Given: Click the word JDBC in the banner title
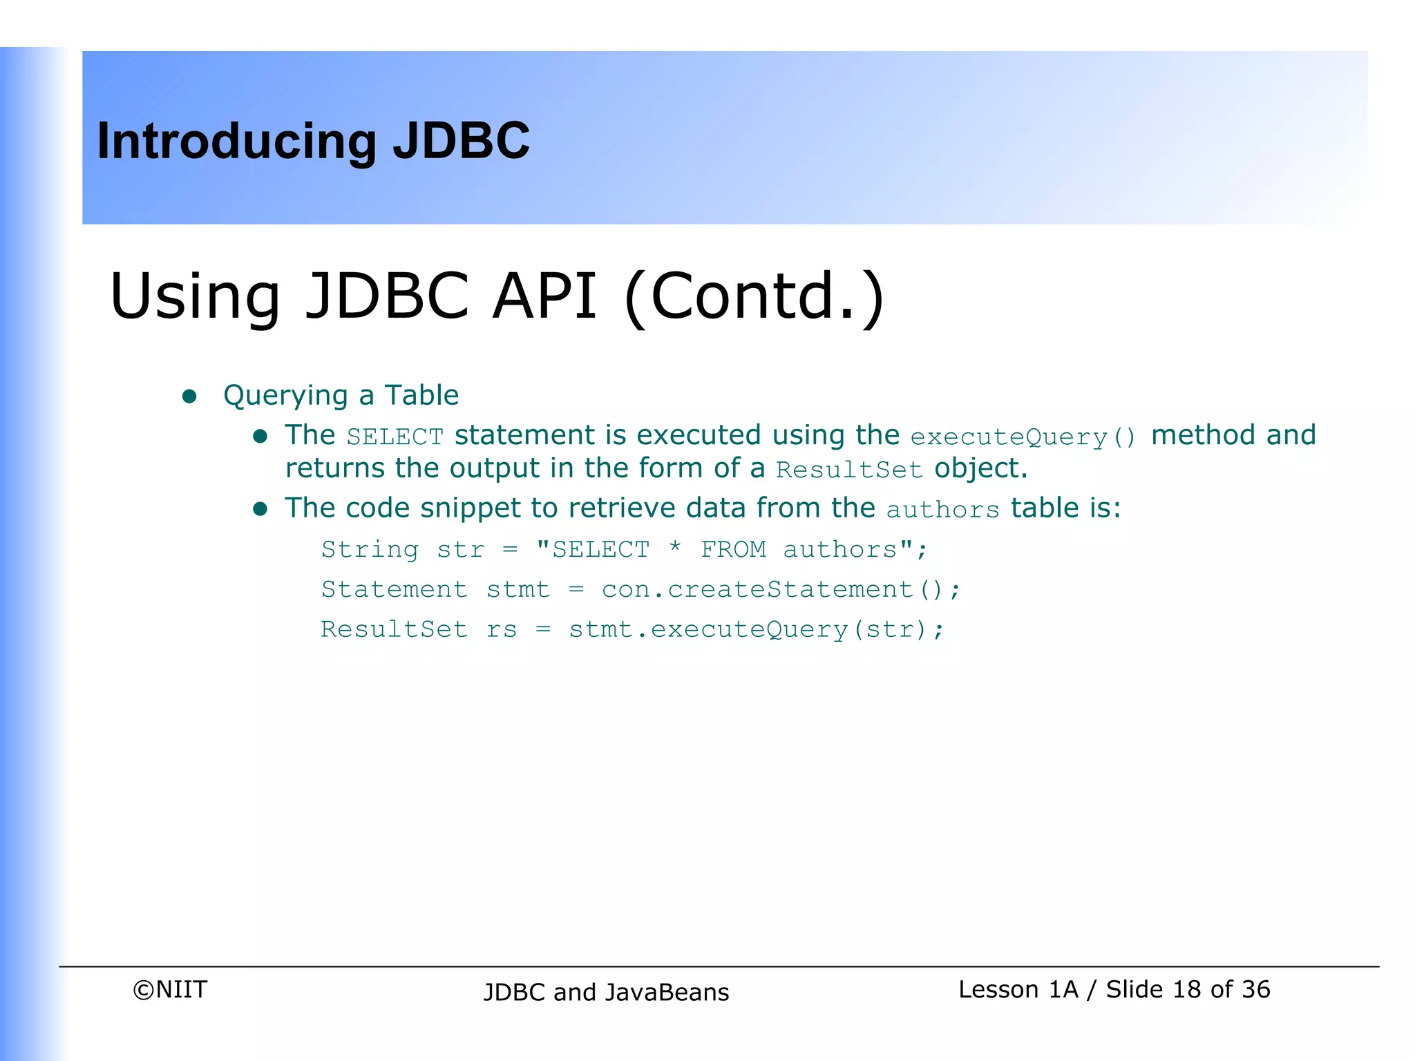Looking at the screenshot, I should (x=461, y=141).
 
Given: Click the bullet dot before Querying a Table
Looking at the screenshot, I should (x=189, y=396).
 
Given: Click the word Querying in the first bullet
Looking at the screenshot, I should (x=285, y=396).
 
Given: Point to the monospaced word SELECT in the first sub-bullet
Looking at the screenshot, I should (x=395, y=437).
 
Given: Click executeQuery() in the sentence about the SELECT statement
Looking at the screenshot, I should (x=1023, y=437).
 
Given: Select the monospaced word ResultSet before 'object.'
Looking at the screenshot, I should (x=849, y=470).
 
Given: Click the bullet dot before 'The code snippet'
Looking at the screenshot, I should (x=260, y=510).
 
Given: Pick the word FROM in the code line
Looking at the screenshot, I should (x=733, y=550).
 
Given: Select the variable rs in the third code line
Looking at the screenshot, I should (x=502, y=630).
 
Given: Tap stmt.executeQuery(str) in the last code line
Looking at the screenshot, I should (x=749, y=630).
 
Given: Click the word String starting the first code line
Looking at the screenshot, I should (x=370, y=550).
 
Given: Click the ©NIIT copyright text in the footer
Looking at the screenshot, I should (x=170, y=990).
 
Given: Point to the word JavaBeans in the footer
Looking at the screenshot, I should (x=667, y=993).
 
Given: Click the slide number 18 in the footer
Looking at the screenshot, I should (x=1186, y=990).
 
